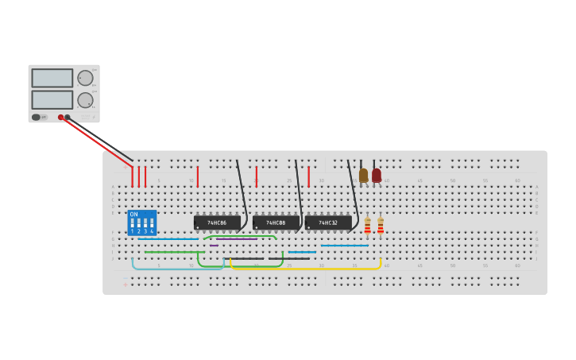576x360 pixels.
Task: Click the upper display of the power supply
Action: coord(52,78)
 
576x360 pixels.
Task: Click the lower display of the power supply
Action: coord(52,99)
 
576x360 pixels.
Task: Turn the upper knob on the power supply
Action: coord(84,78)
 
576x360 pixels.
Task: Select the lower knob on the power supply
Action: coord(84,100)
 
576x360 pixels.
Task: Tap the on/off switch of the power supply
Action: coord(36,117)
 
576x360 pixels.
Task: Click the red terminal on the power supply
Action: coord(60,118)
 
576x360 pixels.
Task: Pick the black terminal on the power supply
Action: coord(67,118)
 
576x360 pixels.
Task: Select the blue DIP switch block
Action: coord(142,223)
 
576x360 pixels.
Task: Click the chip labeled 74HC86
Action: coord(217,223)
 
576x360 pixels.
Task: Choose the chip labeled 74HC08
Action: coord(276,223)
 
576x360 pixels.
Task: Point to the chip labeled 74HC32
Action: coord(328,223)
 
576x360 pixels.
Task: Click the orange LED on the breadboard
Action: coord(363,175)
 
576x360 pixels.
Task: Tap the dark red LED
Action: coord(377,175)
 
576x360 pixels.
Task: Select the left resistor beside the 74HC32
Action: coord(367,226)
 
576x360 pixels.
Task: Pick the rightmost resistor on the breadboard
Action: coord(381,226)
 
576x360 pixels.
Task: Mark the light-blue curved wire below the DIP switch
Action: coord(175,269)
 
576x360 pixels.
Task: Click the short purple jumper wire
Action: coord(214,246)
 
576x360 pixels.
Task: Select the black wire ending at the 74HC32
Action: coord(353,195)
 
